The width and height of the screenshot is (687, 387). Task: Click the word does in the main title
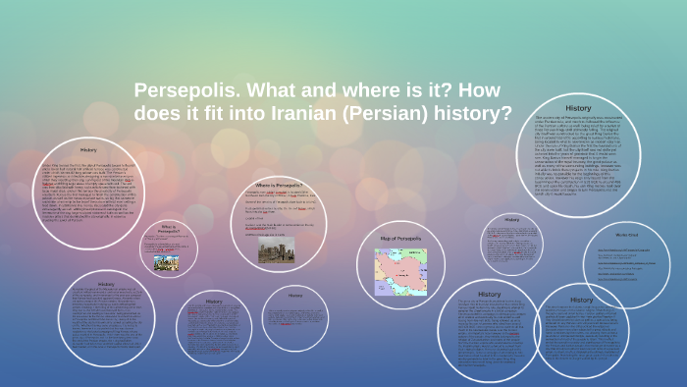coord(162,113)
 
